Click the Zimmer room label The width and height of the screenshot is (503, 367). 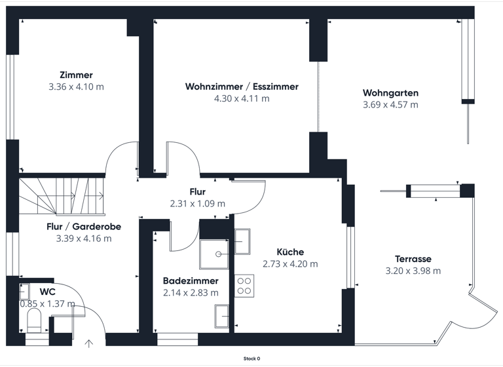coord(76,75)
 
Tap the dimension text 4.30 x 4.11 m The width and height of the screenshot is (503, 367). coord(242,98)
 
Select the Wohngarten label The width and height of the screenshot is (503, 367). coord(390,93)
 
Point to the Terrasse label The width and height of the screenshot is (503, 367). coord(413,259)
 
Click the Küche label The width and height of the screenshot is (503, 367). coord(290,252)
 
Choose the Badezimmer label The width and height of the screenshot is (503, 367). coord(191,280)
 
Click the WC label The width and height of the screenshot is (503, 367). coord(47,291)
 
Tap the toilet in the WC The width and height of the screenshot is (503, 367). coord(34,320)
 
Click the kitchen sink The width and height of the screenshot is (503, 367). coord(242,241)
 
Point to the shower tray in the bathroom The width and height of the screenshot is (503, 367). coord(215,252)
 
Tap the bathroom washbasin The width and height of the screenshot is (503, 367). coord(221,317)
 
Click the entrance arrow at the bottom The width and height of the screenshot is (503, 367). coord(90,341)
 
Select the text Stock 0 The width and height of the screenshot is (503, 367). coord(251,358)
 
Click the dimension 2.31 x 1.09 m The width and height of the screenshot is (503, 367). coord(197,204)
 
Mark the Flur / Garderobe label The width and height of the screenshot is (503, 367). coord(84,227)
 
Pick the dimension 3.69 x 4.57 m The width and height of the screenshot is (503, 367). coord(390,105)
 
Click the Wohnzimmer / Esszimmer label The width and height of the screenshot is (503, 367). coord(242,87)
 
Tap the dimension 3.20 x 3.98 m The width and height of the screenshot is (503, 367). coord(413,271)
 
